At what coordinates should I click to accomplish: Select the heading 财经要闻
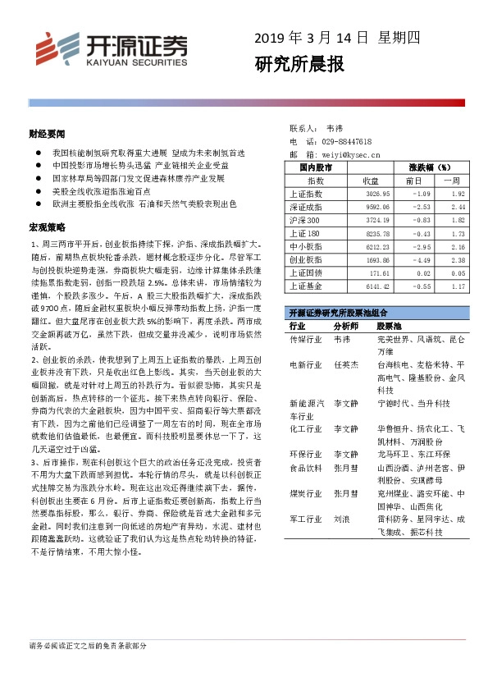click(x=43, y=132)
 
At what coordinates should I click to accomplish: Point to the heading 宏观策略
click(x=43, y=226)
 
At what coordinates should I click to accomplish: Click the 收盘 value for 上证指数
click(x=365, y=194)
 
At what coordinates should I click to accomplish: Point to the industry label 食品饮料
click(x=307, y=467)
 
